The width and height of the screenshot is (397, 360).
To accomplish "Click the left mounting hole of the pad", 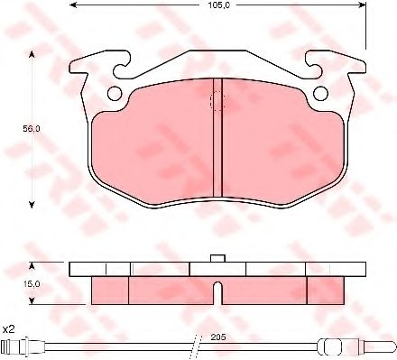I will (114, 94).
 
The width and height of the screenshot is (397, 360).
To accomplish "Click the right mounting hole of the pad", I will (322, 94).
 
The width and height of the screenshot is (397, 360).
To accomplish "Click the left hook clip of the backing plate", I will (91, 67).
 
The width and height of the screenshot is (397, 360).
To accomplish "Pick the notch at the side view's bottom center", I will (217, 291).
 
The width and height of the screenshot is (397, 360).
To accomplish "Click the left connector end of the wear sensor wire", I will (14, 347).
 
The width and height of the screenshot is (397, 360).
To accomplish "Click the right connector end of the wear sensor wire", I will (378, 346).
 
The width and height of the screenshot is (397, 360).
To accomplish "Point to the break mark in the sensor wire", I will (196, 346).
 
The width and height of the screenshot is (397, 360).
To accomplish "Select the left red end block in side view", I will (110, 289).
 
